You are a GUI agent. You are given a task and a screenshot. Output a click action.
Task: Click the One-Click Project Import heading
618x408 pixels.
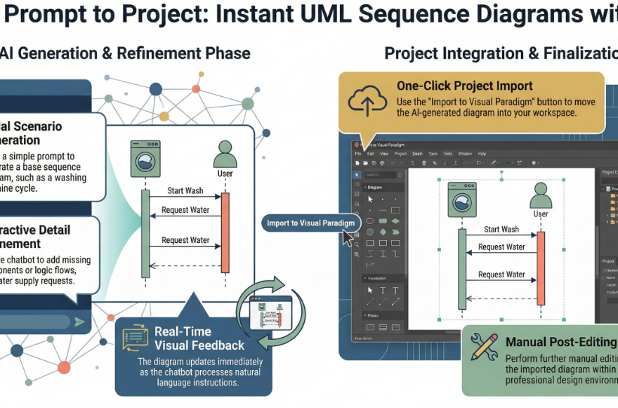pos(464,86)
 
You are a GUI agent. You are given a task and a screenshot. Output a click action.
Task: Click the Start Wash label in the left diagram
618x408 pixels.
pos(185,190)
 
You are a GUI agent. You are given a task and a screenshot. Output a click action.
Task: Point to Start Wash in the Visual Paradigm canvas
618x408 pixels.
pos(501,229)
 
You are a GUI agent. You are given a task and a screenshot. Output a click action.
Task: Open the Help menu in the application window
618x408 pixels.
pos(482,153)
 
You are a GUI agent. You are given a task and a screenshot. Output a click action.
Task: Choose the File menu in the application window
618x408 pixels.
pos(357,153)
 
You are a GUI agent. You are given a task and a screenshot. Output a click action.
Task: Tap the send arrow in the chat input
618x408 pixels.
pos(80,322)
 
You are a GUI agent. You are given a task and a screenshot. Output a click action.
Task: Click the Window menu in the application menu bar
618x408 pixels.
pos(464,153)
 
